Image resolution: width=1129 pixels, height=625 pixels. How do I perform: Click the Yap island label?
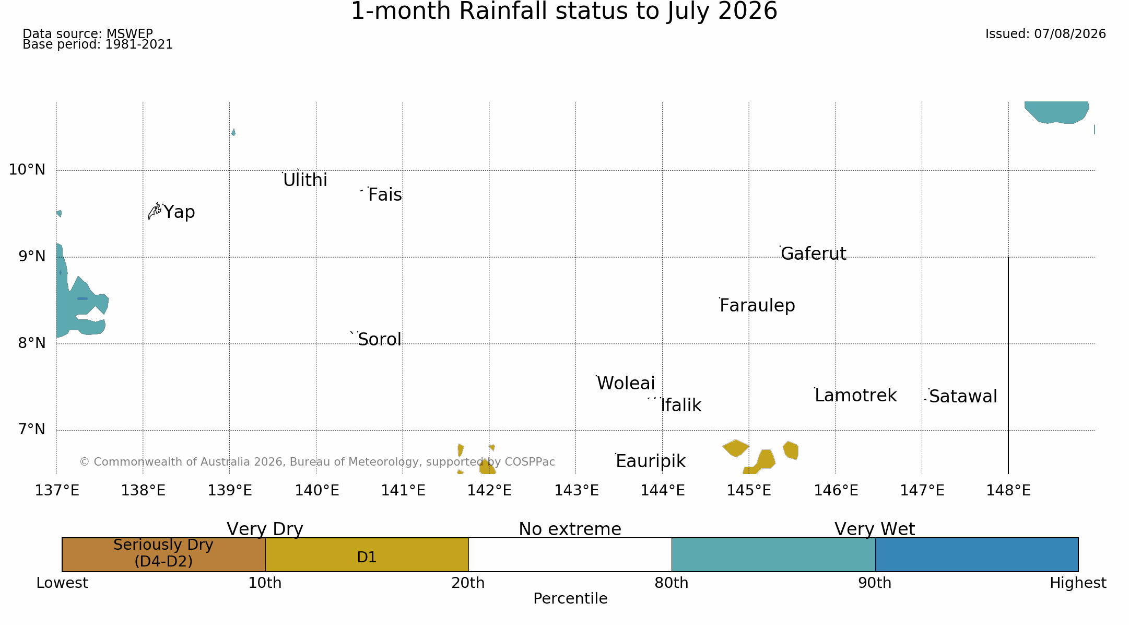[179, 212]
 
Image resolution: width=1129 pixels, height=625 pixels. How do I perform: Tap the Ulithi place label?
[305, 180]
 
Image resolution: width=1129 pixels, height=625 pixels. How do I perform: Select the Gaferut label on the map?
[813, 253]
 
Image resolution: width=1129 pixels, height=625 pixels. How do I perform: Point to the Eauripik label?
[650, 461]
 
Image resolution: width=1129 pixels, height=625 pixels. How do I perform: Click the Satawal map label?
[963, 397]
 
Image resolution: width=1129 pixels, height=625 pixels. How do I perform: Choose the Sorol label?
[380, 340]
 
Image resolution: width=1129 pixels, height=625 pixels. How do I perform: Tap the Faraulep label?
[757, 306]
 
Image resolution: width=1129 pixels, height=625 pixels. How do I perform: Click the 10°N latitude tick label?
[27, 170]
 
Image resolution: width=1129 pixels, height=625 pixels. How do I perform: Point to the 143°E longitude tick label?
[576, 491]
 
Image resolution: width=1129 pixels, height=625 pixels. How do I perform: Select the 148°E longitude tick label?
[1008, 491]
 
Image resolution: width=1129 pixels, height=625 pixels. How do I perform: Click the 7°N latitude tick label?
[32, 430]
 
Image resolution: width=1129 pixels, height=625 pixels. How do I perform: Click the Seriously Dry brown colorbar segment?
[163, 554]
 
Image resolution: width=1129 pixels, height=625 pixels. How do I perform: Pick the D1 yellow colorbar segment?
[367, 554]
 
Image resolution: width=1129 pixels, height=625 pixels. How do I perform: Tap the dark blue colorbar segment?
[977, 554]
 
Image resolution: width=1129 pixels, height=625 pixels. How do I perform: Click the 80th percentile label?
[672, 583]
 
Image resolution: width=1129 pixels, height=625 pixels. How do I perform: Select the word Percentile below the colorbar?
[570, 599]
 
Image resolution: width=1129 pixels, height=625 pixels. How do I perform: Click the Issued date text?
[1045, 34]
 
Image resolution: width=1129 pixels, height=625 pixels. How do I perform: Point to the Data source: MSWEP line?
[88, 34]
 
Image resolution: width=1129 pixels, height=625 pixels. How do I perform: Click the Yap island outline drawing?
[155, 211]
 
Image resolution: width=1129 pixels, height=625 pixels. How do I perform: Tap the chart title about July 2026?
[564, 11]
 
